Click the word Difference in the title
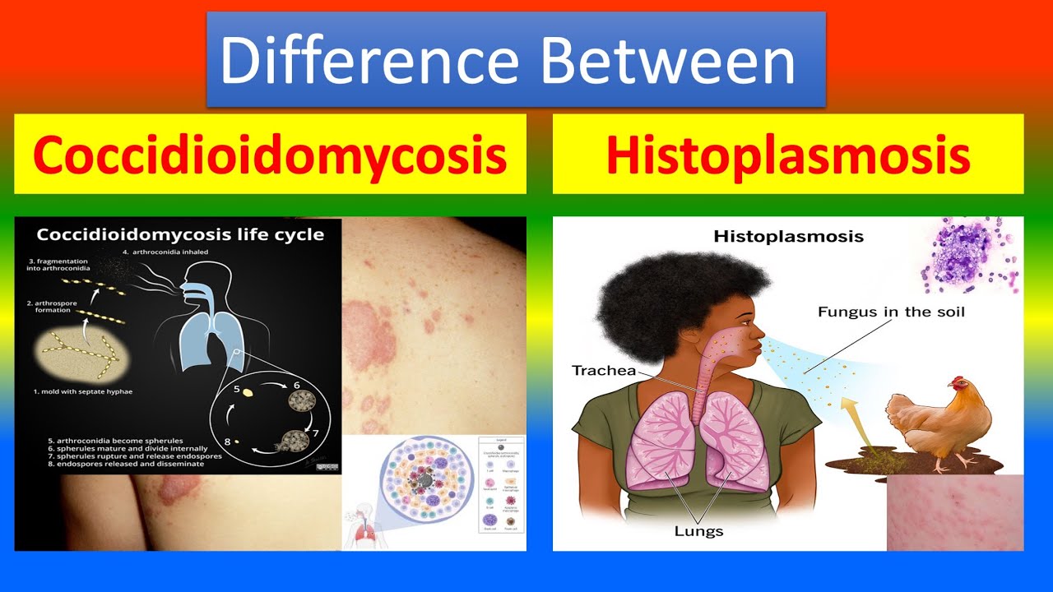370,62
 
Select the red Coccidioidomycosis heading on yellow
270,155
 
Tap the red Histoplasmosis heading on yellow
787,155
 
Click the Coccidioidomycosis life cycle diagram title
179,235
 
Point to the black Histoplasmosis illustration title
788,237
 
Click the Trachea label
604,371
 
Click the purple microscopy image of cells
971,255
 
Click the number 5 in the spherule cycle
236,391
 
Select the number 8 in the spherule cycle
228,442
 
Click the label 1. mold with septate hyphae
82,392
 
